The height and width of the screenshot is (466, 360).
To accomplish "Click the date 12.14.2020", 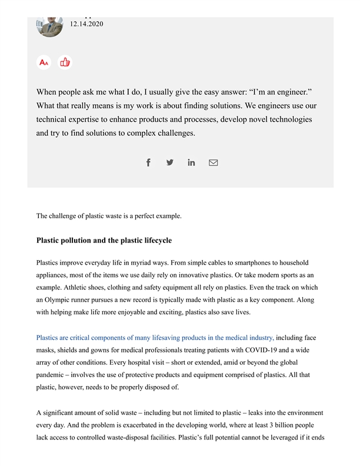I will (x=86, y=24).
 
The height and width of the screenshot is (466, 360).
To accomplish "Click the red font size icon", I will (x=44, y=62).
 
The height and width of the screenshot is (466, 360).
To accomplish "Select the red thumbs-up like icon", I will (x=65, y=62).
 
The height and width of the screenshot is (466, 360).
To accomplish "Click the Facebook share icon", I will (x=148, y=162).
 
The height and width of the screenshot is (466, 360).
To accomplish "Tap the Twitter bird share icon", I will (x=170, y=162).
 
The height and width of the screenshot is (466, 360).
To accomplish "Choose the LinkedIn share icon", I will (x=191, y=162).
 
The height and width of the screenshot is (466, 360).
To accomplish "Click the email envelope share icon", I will (x=213, y=162).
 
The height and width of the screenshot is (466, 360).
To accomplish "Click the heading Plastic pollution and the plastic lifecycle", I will (x=104, y=240).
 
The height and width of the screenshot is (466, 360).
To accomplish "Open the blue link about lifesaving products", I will (x=155, y=338).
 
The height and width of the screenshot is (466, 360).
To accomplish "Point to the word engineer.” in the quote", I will (x=292, y=92).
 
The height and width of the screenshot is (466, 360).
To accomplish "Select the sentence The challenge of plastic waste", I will (x=109, y=216).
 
